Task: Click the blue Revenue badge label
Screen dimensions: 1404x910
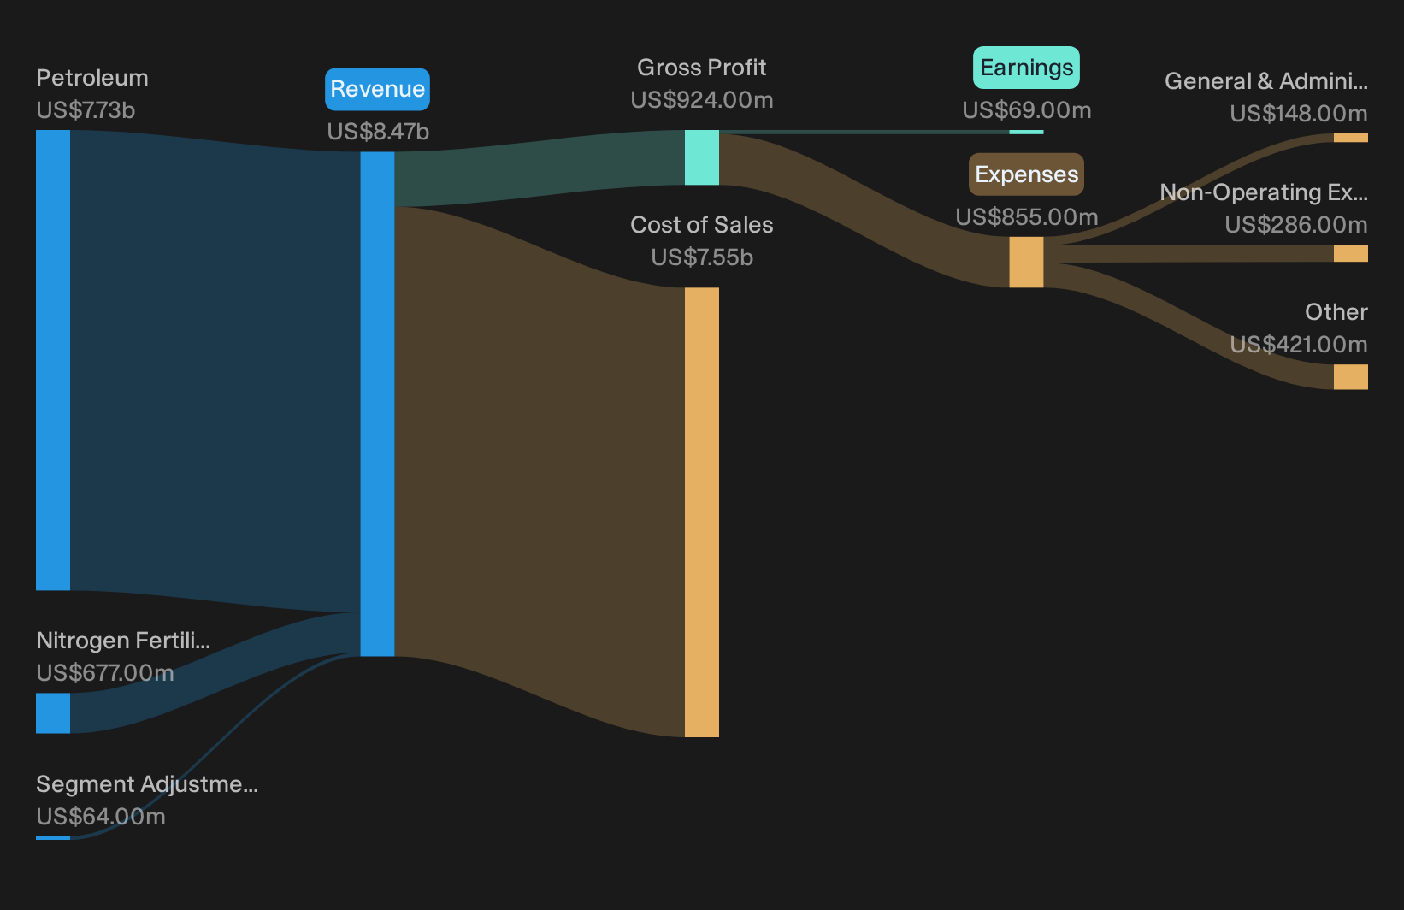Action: [x=377, y=89]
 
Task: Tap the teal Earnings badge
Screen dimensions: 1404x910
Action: [x=1026, y=67]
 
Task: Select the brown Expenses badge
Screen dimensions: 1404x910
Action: [x=1026, y=174]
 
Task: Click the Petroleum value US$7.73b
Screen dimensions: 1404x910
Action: [x=86, y=110]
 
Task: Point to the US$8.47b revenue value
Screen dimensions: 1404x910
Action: [x=378, y=132]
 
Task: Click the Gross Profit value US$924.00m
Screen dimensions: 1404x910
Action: [x=702, y=100]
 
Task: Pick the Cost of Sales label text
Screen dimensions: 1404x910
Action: [x=702, y=225]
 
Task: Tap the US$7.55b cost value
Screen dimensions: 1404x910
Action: [x=702, y=257]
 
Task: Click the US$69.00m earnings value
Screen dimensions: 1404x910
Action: [x=1027, y=110]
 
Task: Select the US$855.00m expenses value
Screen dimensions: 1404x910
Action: [x=1027, y=217]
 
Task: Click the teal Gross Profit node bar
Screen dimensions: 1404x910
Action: [x=702, y=157]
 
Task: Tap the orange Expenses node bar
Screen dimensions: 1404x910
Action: [x=1027, y=263]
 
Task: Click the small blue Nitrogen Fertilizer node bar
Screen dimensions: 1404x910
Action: [x=53, y=713]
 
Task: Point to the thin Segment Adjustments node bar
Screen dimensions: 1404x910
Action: [x=53, y=838]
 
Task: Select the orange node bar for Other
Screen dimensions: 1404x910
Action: [x=1351, y=377]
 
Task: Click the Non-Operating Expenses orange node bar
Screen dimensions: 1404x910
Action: [x=1351, y=253]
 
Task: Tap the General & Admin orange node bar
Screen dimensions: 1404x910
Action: [x=1351, y=138]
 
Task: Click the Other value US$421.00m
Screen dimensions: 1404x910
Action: [x=1299, y=345]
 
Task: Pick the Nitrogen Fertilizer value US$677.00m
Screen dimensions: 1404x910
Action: [x=104, y=673]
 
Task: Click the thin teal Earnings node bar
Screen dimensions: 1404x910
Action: [x=1027, y=132]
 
